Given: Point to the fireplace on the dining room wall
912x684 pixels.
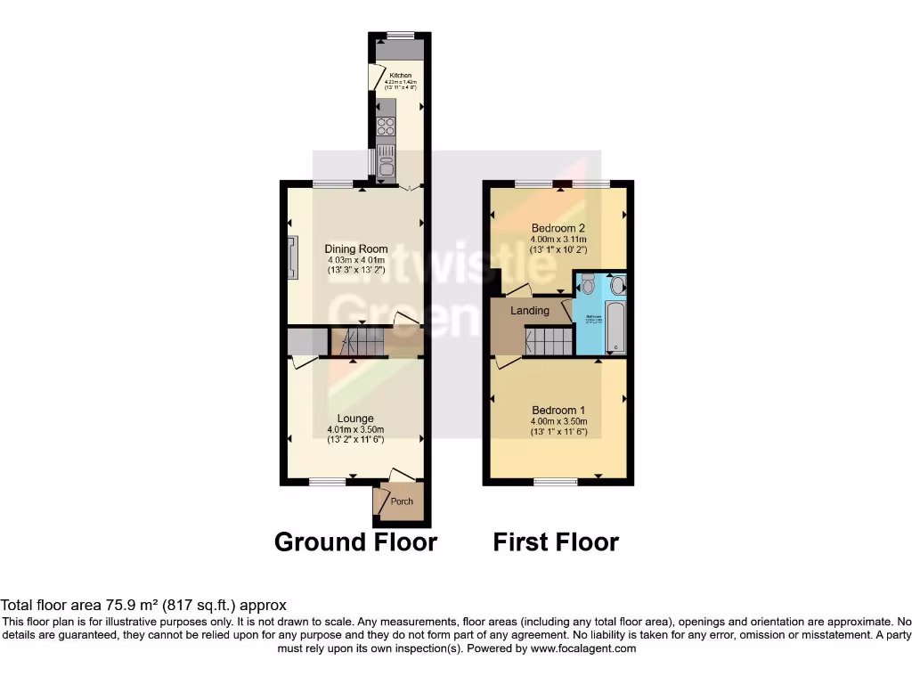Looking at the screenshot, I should pyautogui.click(x=292, y=259).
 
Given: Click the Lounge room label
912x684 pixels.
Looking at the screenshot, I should pyautogui.click(x=355, y=418).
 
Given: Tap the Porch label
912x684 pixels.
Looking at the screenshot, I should pyautogui.click(x=402, y=501).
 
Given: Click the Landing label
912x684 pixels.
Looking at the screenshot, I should pyautogui.click(x=529, y=311).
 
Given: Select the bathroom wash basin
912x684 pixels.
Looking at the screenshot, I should pyautogui.click(x=618, y=285).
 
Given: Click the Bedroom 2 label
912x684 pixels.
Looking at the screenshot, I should pyautogui.click(x=558, y=227).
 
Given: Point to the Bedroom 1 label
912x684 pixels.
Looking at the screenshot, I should pyautogui.click(x=558, y=410).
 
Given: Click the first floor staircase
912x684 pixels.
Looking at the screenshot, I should pyautogui.click(x=548, y=341).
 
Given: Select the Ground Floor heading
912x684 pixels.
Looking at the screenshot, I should pyautogui.click(x=355, y=541).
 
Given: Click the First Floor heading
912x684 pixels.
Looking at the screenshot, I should pyautogui.click(x=556, y=541).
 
